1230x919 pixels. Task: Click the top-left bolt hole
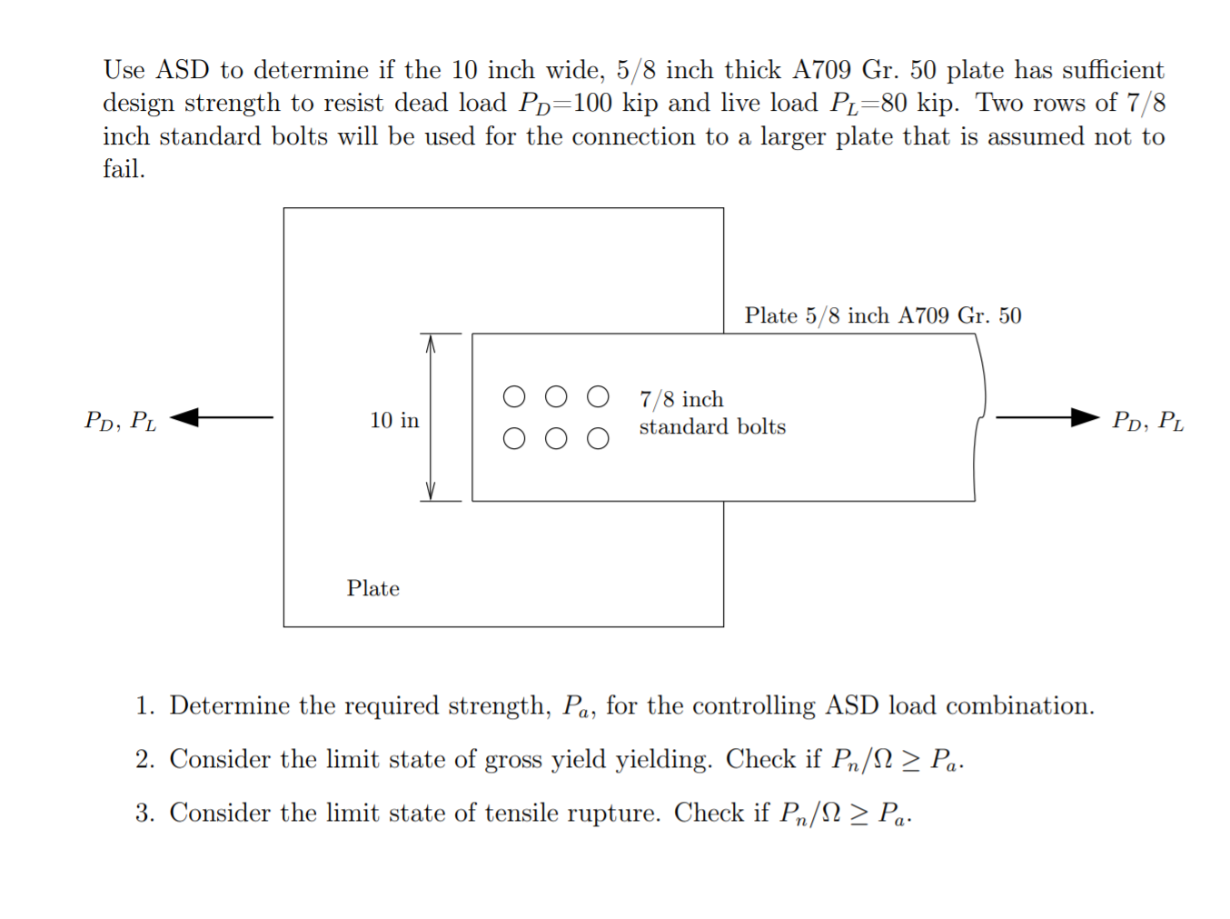pyautogui.click(x=514, y=397)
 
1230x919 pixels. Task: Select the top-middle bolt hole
pyautogui.click(x=556, y=397)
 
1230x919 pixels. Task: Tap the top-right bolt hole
pyautogui.click(x=598, y=397)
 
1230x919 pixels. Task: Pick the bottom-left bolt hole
pyautogui.click(x=514, y=439)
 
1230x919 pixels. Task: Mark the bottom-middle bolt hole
pyautogui.click(x=556, y=439)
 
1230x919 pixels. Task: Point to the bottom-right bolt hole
pyautogui.click(x=598, y=439)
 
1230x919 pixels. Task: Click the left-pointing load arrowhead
pyautogui.click(x=184, y=417)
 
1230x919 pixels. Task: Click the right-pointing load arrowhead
pyautogui.click(x=1085, y=417)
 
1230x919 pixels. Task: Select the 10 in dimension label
pyautogui.click(x=394, y=420)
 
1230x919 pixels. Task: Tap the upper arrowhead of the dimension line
pyautogui.click(x=431, y=343)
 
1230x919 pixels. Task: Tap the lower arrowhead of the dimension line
pyautogui.click(x=431, y=492)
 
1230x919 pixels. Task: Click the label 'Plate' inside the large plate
pyautogui.click(x=372, y=588)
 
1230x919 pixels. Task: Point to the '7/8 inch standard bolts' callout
pyautogui.click(x=711, y=413)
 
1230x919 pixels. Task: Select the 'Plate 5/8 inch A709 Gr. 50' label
pyautogui.click(x=882, y=315)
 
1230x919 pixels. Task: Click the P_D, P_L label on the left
pyautogui.click(x=120, y=420)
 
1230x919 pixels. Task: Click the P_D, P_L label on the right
pyautogui.click(x=1147, y=420)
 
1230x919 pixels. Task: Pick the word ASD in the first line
pyautogui.click(x=183, y=70)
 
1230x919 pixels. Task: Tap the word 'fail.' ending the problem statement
pyautogui.click(x=124, y=169)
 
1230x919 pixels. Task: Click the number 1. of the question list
pyautogui.click(x=144, y=706)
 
